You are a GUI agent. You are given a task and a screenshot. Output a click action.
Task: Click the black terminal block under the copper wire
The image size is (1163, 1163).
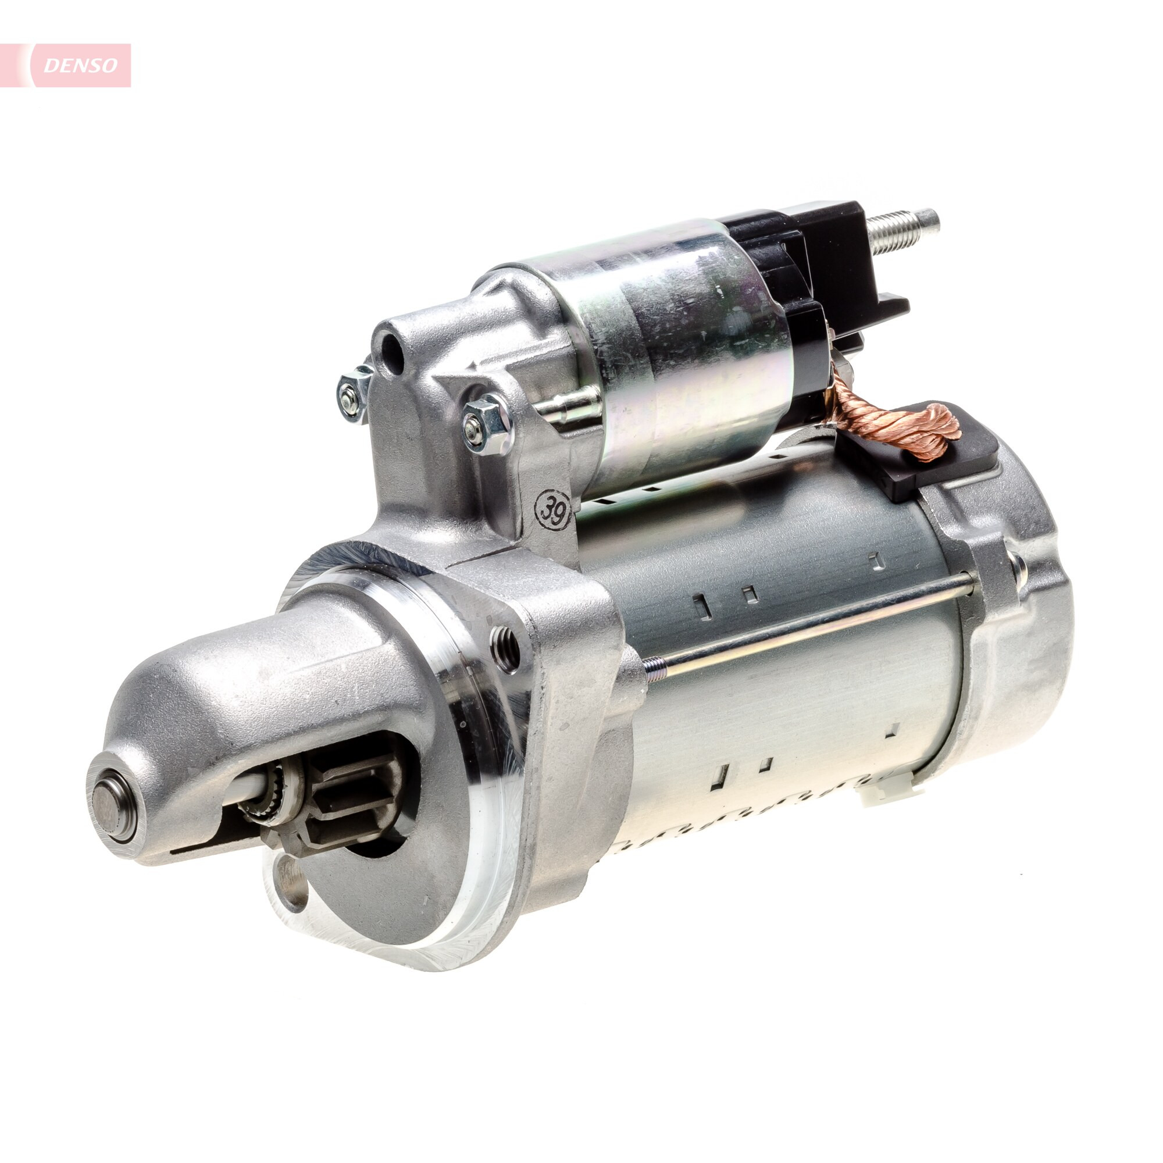[927, 458]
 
